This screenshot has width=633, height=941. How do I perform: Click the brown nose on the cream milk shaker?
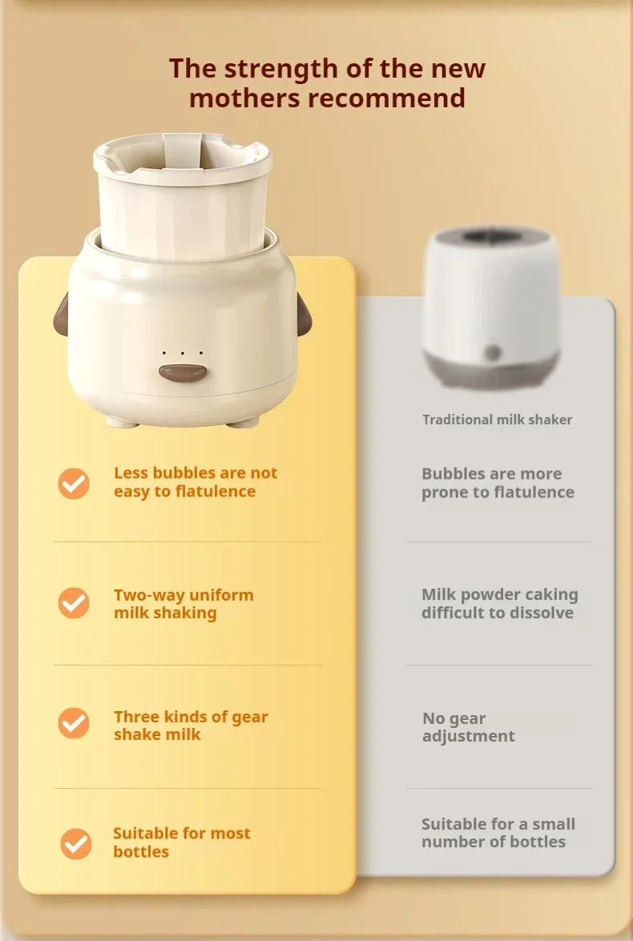(183, 372)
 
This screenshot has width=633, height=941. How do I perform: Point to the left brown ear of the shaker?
(60, 314)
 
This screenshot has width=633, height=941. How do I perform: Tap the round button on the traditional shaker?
(493, 352)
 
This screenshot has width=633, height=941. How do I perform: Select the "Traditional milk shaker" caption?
(498, 420)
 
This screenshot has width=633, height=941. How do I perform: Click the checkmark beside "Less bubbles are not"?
(74, 484)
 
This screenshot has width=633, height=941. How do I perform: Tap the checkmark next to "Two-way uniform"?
(74, 602)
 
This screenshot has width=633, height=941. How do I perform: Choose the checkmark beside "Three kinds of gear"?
(74, 723)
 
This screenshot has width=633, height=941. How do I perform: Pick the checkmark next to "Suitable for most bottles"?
(76, 844)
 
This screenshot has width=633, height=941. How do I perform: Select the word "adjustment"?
(469, 736)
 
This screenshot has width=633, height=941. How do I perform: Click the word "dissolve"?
(541, 613)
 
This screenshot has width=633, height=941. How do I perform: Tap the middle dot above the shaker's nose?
(182, 353)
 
